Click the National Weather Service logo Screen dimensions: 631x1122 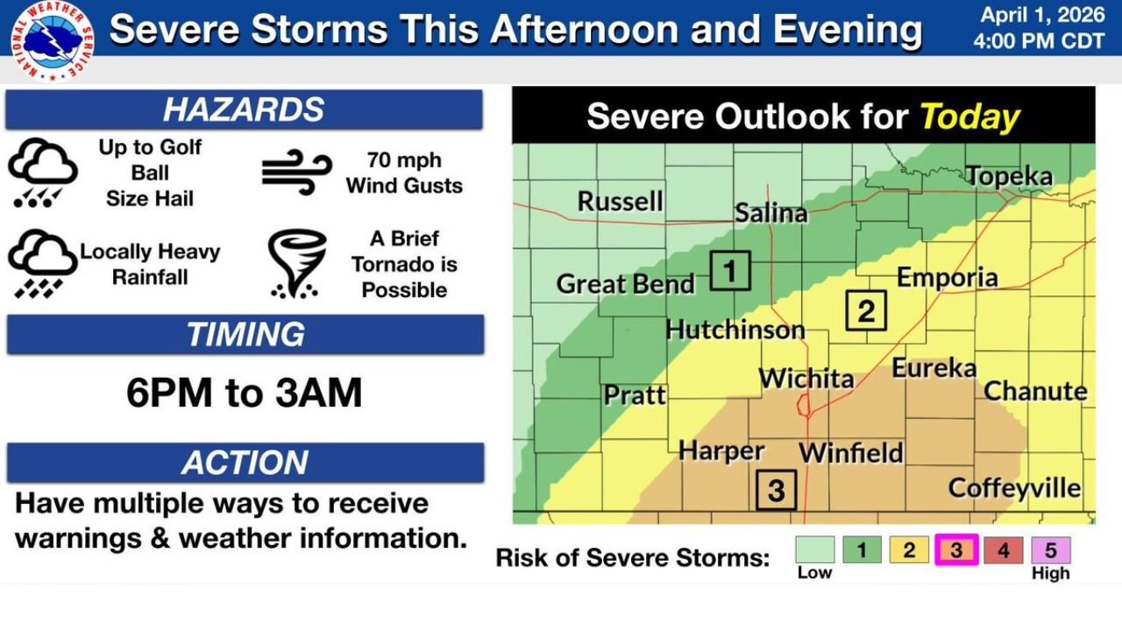click(x=53, y=41)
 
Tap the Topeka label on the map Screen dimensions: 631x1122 click(x=1009, y=176)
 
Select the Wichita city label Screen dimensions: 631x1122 click(x=806, y=379)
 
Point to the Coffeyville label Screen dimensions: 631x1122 click(x=1014, y=488)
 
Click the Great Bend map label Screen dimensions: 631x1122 click(x=625, y=284)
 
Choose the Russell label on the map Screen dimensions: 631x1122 click(x=620, y=202)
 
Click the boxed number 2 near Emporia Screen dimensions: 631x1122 click(x=866, y=310)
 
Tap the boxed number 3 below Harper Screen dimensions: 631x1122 click(x=776, y=490)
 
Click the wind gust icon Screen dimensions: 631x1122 click(x=296, y=172)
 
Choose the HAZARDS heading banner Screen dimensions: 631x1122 click(x=244, y=110)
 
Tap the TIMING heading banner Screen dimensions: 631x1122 click(x=245, y=335)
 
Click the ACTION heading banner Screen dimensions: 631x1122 click(x=245, y=463)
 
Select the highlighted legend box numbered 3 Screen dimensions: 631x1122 click(x=956, y=550)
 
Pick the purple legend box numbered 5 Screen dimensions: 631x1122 click(x=1050, y=550)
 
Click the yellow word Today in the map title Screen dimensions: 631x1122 click(x=969, y=117)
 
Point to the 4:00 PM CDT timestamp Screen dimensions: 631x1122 click(x=1037, y=41)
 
